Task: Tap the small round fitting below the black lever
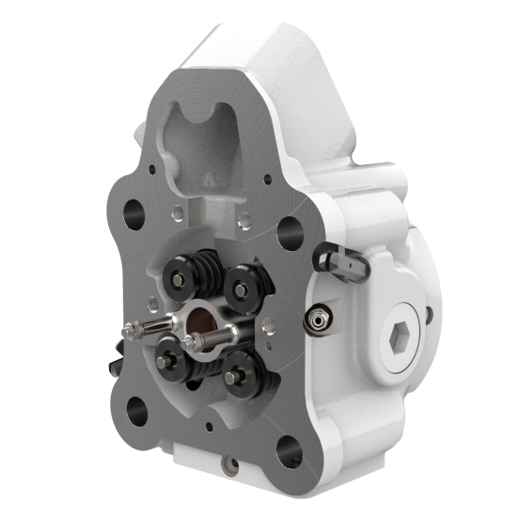pyautogui.click(x=317, y=322)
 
